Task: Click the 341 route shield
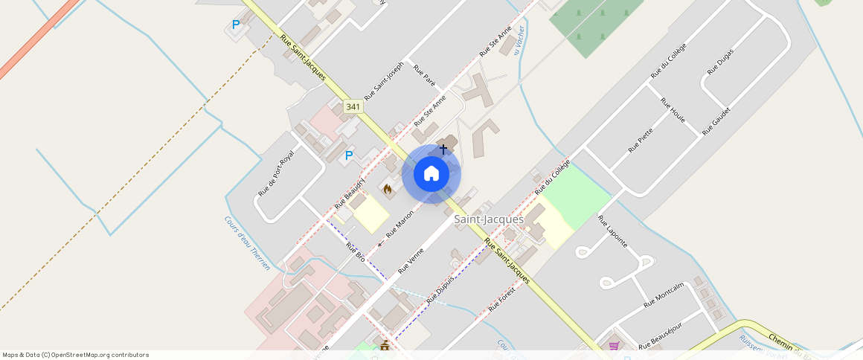(353, 107)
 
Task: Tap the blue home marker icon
(431, 174)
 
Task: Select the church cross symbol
(443, 150)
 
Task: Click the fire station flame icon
(388, 190)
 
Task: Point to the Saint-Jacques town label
(489, 219)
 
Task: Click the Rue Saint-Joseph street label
(384, 81)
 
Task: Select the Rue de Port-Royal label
(276, 173)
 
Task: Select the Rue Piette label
(641, 140)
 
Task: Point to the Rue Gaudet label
(716, 120)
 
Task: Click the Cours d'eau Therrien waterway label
(247, 242)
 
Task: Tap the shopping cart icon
(614, 345)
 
